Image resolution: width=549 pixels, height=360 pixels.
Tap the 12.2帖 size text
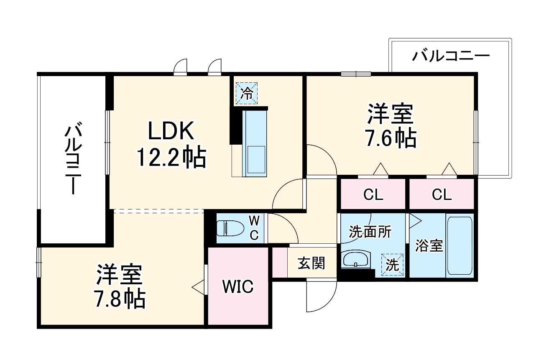171,158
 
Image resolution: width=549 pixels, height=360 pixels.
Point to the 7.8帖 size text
120,299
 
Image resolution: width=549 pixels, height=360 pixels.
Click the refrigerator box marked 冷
247,93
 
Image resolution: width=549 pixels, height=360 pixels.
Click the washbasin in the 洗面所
355,259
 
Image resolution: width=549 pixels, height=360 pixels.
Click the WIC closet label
237,287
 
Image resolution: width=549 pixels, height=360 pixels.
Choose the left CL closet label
373,194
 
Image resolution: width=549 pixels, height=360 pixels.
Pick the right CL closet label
442,194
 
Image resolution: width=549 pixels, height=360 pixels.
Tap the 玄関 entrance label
311,263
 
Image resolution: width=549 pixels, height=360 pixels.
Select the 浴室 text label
429,246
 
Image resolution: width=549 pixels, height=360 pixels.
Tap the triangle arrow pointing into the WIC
198,287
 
